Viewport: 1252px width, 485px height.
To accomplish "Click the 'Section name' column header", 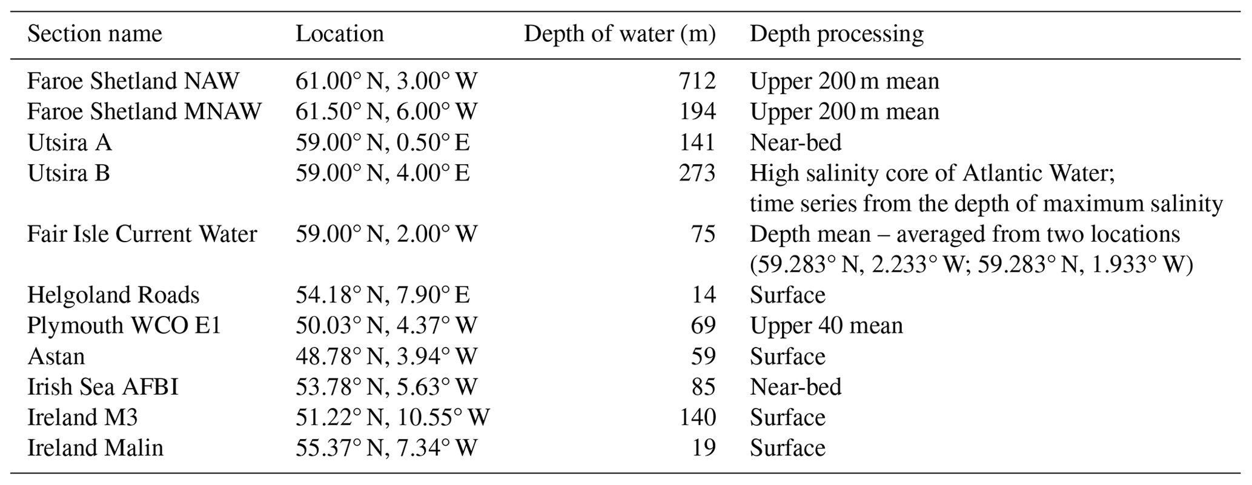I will pyautogui.click(x=94, y=34).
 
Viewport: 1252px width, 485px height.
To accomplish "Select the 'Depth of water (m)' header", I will pyautogui.click(x=619, y=34).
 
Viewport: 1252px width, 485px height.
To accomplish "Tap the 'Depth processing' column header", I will pyautogui.click(x=836, y=34).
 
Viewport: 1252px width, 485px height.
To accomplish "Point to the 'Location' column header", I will pyautogui.click(x=339, y=34).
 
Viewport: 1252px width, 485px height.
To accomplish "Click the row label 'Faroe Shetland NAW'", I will pyautogui.click(x=133, y=81).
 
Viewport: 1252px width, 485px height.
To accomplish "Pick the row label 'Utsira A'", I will pyautogui.click(x=70, y=142).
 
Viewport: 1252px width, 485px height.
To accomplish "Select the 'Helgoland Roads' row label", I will pyautogui.click(x=113, y=295).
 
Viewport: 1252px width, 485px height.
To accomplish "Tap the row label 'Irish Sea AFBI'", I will pyautogui.click(x=103, y=387).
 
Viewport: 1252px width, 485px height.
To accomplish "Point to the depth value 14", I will pyautogui.click(x=704, y=295).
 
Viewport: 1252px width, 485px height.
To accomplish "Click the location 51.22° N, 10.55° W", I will pyautogui.click(x=392, y=417).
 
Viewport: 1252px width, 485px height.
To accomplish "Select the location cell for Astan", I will pyautogui.click(x=386, y=356).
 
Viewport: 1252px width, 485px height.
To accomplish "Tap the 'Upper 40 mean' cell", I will pyautogui.click(x=826, y=326).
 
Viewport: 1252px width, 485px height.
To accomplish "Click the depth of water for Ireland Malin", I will pyautogui.click(x=704, y=448).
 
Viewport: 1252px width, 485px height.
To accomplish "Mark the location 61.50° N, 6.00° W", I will pyautogui.click(x=386, y=111).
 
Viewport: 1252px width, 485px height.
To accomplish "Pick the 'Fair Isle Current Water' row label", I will pyautogui.click(x=142, y=234).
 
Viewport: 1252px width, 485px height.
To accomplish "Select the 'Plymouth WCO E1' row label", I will pyautogui.click(x=124, y=326).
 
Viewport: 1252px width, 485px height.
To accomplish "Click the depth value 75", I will pyautogui.click(x=704, y=234).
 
